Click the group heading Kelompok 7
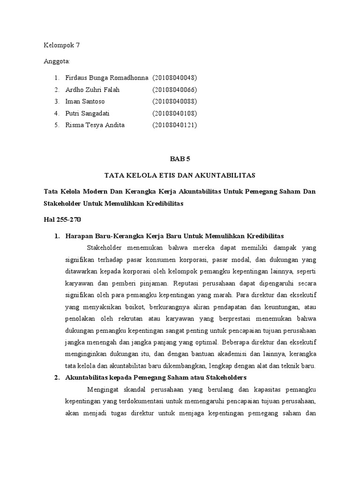(62, 45)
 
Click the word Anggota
(56, 61)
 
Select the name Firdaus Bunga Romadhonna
(106, 77)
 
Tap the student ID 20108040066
(174, 90)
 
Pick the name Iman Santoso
(85, 101)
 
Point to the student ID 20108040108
(174, 113)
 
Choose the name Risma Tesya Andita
(95, 125)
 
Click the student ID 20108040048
(174, 77)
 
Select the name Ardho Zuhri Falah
(93, 90)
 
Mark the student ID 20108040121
(174, 125)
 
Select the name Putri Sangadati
(89, 113)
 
